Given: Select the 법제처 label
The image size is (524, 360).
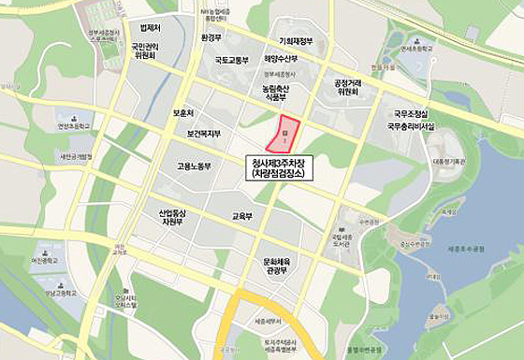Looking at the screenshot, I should tap(150, 29).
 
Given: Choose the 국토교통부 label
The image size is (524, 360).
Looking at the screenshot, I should tap(232, 60).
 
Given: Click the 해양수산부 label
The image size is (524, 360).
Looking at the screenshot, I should tap(280, 58).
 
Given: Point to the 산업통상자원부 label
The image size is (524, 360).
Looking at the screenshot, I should tap(174, 218).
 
